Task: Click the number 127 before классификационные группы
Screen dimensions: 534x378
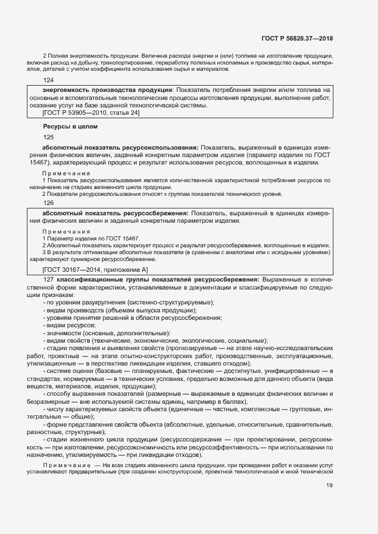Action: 48,279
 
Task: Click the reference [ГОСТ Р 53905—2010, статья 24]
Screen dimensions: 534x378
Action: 90,113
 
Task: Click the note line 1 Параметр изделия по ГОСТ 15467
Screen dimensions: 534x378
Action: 90,238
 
